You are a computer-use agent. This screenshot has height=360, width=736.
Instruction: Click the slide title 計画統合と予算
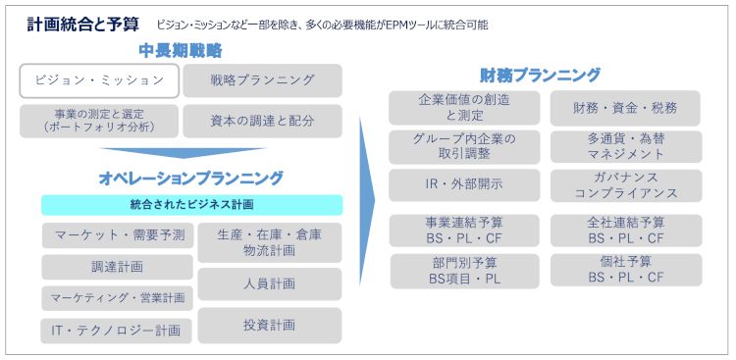[83, 24]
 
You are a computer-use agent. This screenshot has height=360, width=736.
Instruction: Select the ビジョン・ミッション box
[99, 80]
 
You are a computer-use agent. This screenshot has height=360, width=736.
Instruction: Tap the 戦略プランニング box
[262, 80]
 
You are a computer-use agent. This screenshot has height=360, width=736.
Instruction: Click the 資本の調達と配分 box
[262, 121]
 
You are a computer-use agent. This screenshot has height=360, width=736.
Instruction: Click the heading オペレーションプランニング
[190, 178]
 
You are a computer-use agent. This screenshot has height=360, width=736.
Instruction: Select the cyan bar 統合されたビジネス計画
[191, 204]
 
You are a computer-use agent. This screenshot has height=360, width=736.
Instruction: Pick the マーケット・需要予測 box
[118, 235]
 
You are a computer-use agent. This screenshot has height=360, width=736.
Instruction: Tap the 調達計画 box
[118, 267]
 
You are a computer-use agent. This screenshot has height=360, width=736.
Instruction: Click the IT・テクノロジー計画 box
[118, 331]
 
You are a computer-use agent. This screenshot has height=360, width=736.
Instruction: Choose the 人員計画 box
[269, 283]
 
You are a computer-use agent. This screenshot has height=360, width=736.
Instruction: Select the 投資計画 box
[269, 325]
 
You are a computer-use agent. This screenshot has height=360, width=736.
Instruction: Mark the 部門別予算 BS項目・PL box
[464, 270]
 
